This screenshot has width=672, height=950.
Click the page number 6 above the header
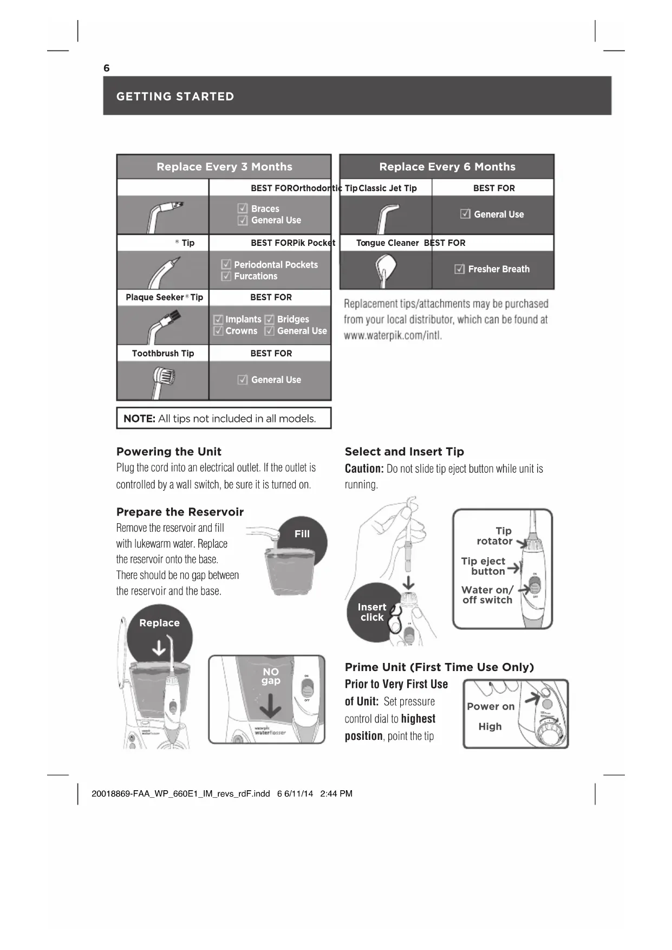107,68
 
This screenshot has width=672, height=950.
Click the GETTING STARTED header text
175,96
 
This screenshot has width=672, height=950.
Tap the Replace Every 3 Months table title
224,167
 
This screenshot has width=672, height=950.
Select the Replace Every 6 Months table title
447,167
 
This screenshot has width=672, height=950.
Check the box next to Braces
243,209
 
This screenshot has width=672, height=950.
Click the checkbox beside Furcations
226,276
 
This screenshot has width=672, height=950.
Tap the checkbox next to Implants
218,320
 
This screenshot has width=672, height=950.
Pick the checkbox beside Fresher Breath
460,269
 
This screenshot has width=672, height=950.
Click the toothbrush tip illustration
163,380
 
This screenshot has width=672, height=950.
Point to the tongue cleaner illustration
385,269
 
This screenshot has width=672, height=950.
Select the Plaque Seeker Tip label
164,297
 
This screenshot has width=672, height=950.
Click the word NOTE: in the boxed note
139,419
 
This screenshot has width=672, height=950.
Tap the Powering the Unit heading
169,452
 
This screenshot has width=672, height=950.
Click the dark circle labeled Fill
302,539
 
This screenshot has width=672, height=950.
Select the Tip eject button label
484,566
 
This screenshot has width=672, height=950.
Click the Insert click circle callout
371,613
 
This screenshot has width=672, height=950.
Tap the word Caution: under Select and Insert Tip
364,469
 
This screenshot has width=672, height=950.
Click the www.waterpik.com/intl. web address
393,336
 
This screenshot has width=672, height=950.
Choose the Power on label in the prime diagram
491,707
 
